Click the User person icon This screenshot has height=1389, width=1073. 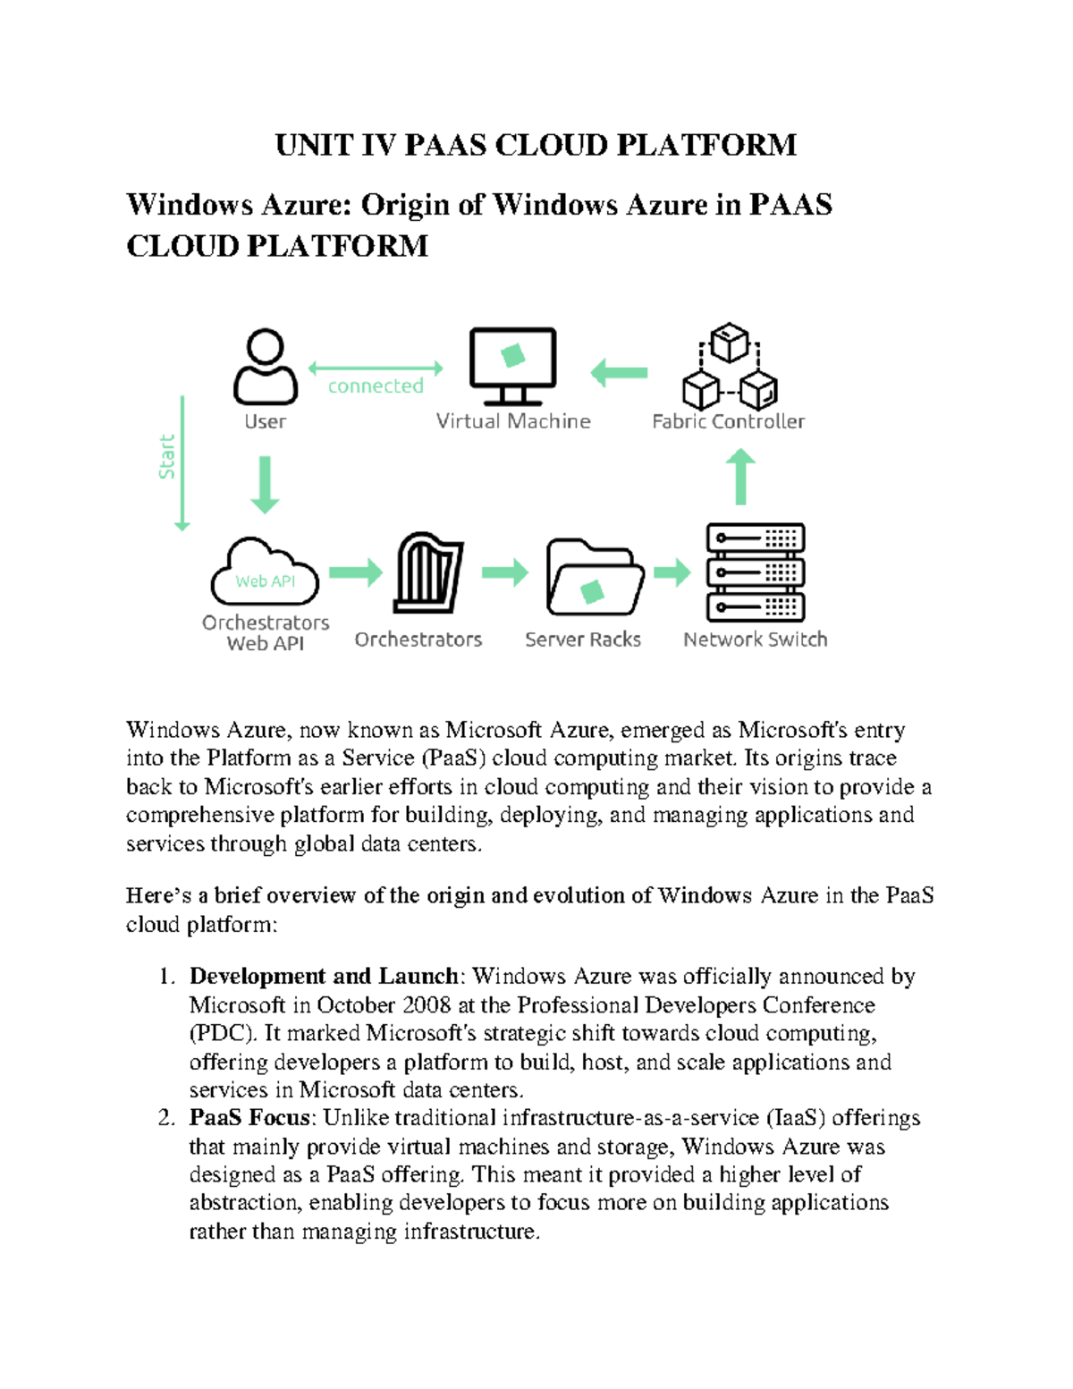(265, 368)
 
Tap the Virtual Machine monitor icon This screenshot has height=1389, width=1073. (512, 364)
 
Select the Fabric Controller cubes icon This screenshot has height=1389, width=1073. (729, 367)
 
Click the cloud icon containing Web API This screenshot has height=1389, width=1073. (265, 573)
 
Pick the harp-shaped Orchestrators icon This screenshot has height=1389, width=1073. (428, 573)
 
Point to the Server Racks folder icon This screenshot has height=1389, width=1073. (595, 578)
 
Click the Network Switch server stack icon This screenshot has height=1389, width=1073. (756, 572)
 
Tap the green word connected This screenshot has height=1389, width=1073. (376, 386)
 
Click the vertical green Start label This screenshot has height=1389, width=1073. (167, 457)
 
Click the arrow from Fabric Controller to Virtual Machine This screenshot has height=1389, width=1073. (620, 372)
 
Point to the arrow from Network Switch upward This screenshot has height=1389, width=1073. (739, 477)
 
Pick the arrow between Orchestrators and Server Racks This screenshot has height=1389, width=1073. (505, 572)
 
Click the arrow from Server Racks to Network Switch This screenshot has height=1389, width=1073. (672, 572)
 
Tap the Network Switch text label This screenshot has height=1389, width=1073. (755, 639)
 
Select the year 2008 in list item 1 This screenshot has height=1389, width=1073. (427, 1005)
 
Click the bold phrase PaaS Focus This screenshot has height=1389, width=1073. (249, 1118)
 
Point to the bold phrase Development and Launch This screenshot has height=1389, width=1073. (324, 977)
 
